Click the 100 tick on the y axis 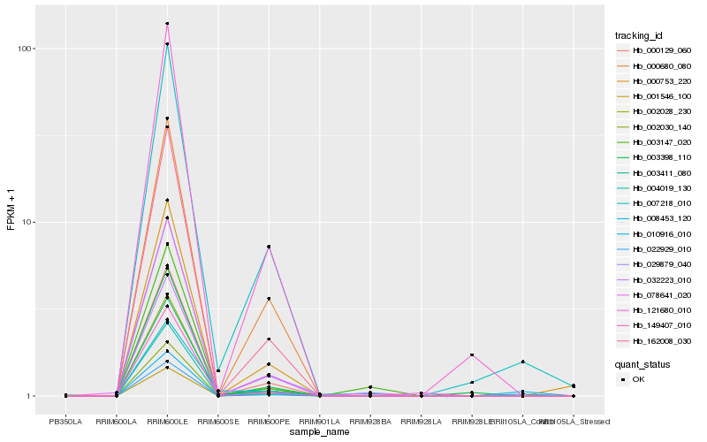click(x=26, y=49)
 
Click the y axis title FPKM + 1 click(x=11, y=208)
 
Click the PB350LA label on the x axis click(x=66, y=422)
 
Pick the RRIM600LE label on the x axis click(x=167, y=422)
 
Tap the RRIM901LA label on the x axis click(x=319, y=422)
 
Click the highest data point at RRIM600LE click(x=167, y=24)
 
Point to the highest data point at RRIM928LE click(x=472, y=354)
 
